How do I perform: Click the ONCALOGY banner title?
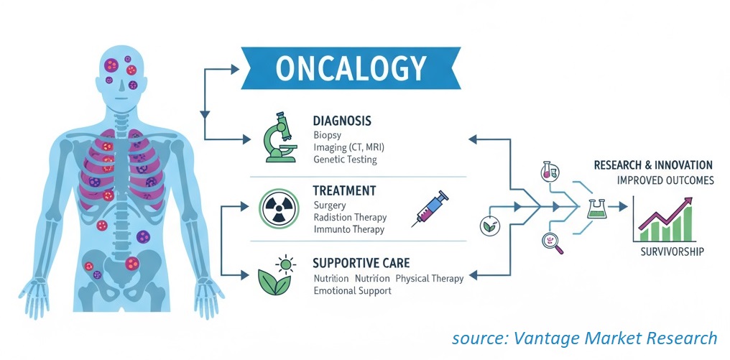coord(351,68)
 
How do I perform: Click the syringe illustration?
coord(430,208)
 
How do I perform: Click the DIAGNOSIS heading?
coord(342,121)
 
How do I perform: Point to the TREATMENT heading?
coord(344,191)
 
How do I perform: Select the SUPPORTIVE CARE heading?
coord(361,263)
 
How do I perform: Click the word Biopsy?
coord(328,136)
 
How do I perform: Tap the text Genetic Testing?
coord(345,160)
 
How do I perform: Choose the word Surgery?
coord(330,206)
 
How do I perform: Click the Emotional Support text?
coord(353,290)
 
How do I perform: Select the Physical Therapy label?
coord(429,279)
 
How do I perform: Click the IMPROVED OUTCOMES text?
coord(665,180)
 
